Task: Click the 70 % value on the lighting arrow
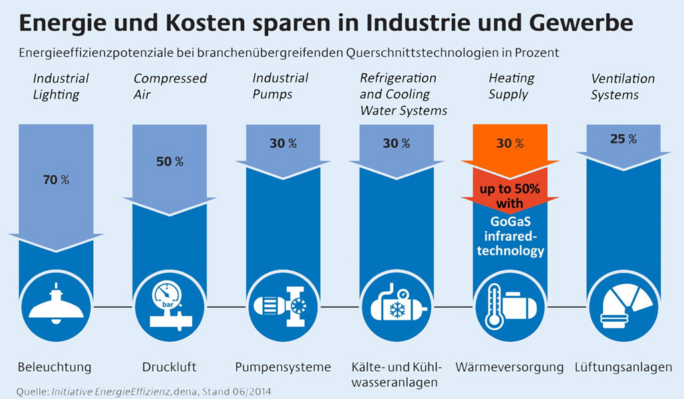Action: click(x=57, y=180)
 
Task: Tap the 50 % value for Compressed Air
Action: click(x=170, y=162)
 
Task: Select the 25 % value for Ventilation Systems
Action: click(x=623, y=139)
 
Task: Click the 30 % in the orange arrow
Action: click(x=510, y=143)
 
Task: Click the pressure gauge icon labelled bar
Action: click(x=165, y=297)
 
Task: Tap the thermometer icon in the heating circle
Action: click(x=494, y=307)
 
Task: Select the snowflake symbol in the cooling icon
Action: click(x=398, y=311)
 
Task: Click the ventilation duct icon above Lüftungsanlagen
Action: click(x=623, y=306)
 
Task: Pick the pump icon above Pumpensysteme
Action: click(x=283, y=306)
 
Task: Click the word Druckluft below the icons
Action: click(x=169, y=367)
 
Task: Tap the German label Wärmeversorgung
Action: click(x=510, y=367)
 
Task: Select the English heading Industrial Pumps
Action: click(x=280, y=86)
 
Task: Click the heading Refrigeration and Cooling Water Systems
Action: click(x=403, y=94)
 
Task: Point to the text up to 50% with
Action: click(x=510, y=196)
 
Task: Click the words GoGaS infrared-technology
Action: click(x=510, y=236)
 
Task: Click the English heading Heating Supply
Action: click(x=510, y=86)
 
